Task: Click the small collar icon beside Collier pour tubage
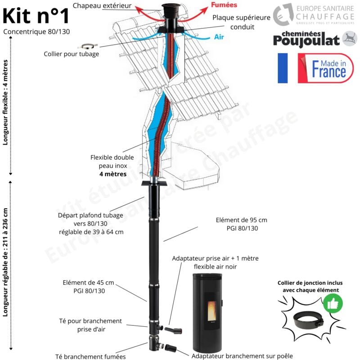click(87, 45)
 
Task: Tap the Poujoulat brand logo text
click(306, 39)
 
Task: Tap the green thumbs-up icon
click(333, 305)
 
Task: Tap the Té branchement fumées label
click(90, 356)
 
